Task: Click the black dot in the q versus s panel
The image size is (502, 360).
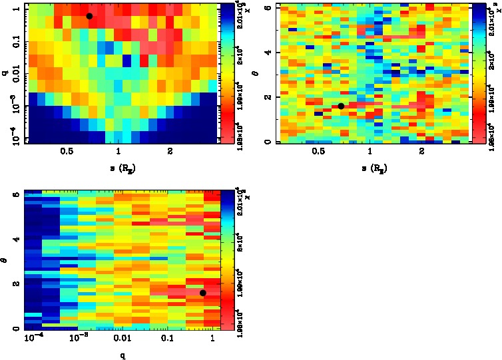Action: [89, 16]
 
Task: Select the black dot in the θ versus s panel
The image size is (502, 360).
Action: [341, 106]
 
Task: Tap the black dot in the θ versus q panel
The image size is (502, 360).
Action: [203, 293]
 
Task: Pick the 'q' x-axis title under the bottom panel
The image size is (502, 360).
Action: [122, 355]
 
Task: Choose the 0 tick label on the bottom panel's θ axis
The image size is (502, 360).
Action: [17, 329]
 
